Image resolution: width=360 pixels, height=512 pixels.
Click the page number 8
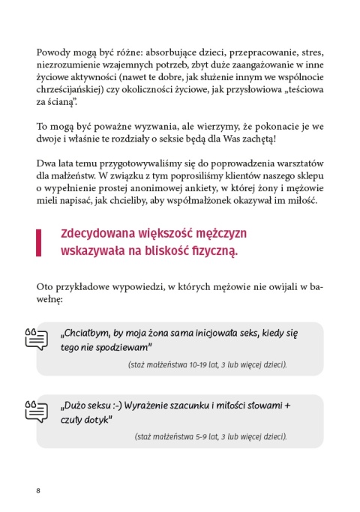tap(37, 490)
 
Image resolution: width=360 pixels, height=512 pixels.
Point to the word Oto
tap(44, 286)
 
